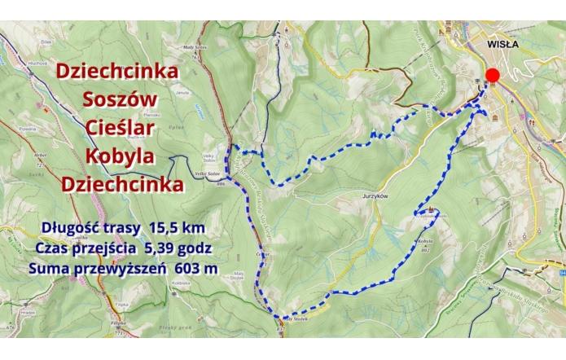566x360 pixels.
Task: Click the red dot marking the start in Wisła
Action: coord(492,76)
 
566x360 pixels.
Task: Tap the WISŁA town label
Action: coord(502,44)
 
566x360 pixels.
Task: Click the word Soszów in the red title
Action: coord(118,100)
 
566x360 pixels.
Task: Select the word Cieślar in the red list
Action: coord(119,128)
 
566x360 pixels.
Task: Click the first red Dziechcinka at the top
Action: coord(117,72)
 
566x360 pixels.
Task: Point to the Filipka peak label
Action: coord(119,323)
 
